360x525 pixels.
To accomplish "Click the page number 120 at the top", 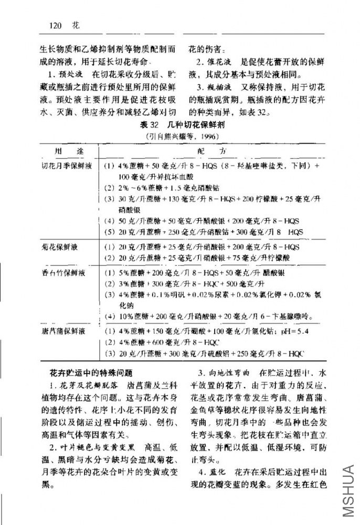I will [x=55, y=25].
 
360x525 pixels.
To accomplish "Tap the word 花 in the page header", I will [x=76, y=25].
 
